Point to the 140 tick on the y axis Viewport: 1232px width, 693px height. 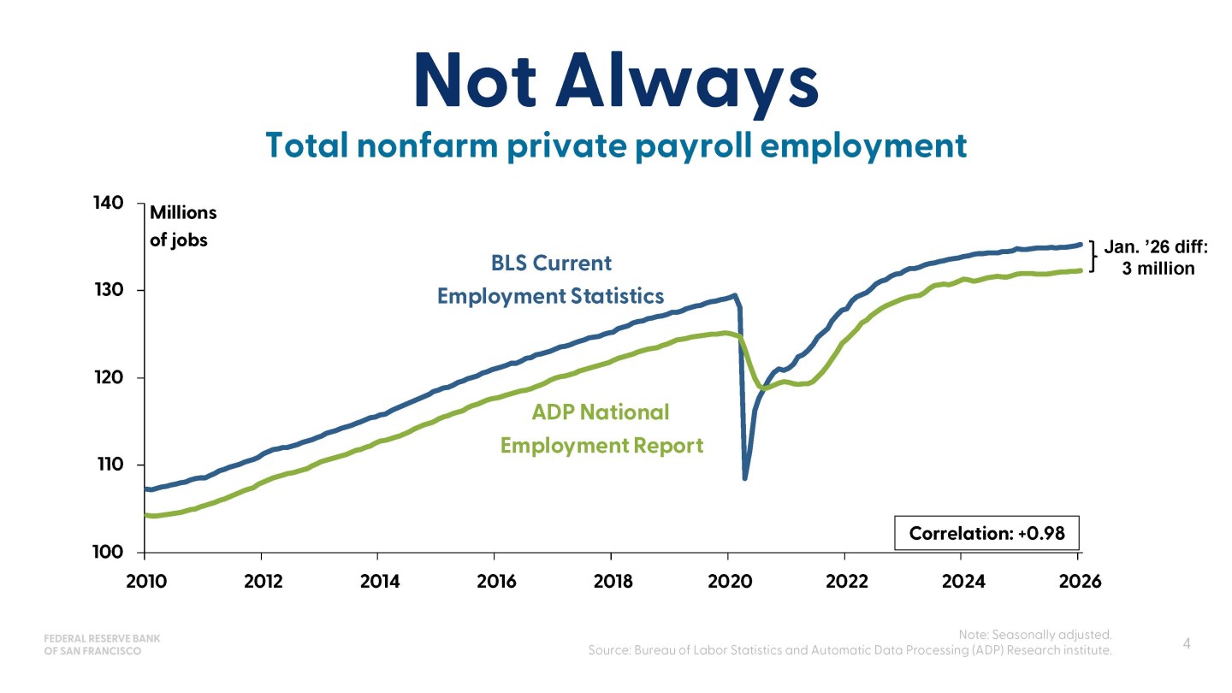109,203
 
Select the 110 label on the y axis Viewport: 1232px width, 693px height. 110,465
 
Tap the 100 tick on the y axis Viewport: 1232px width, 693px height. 109,552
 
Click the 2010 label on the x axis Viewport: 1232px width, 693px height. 145,582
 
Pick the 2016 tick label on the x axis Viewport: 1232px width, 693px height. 496,582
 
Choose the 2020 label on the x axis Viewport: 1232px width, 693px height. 729,582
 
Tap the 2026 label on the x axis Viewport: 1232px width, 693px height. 1081,582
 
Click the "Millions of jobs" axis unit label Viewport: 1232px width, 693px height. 183,226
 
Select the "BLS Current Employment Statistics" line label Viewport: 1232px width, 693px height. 551,280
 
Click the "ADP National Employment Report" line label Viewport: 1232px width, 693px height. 601,429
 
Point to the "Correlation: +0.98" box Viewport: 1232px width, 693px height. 986,533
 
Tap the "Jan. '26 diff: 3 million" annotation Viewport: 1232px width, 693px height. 1156,258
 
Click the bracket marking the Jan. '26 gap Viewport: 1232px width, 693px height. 1093,257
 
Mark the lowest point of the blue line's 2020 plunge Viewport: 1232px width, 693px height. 744,478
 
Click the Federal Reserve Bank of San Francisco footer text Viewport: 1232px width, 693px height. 102,644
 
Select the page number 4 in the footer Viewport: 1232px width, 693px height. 1187,643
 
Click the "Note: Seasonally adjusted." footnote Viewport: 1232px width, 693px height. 1035,635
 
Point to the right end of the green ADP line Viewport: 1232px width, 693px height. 1081,270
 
